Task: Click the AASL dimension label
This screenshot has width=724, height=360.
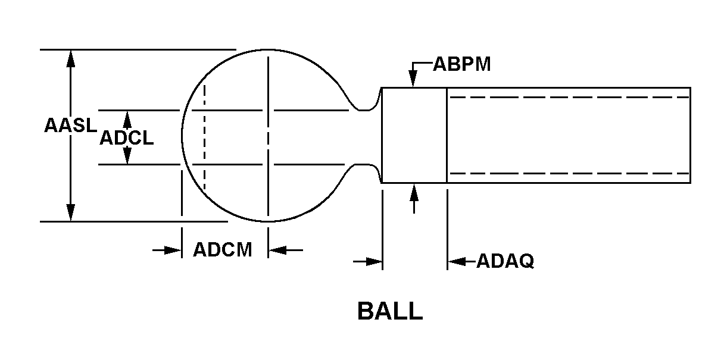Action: pyautogui.click(x=70, y=126)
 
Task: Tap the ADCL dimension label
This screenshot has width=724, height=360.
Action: pyautogui.click(x=126, y=138)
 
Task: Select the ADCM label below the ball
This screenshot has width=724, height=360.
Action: pyautogui.click(x=222, y=249)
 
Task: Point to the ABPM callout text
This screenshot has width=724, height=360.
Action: pyautogui.click(x=462, y=64)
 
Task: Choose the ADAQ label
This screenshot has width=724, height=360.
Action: pyautogui.click(x=505, y=261)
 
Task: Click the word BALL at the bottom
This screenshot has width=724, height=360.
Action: pyautogui.click(x=390, y=311)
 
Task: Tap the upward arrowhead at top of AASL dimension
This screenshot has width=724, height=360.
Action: pyautogui.click(x=70, y=59)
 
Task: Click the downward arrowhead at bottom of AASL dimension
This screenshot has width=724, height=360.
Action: pyautogui.click(x=70, y=212)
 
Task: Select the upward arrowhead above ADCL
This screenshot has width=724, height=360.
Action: pyautogui.click(x=127, y=120)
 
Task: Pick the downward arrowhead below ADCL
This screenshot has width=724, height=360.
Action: pyautogui.click(x=127, y=155)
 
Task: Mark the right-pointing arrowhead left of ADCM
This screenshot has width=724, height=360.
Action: pyautogui.click(x=173, y=250)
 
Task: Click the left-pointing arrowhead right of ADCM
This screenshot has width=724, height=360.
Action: pyautogui.click(x=277, y=250)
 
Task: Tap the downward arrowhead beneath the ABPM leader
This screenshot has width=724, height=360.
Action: pyautogui.click(x=413, y=79)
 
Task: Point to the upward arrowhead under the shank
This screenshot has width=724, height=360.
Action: pyautogui.click(x=414, y=192)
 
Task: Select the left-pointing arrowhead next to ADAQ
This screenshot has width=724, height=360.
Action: pyautogui.click(x=457, y=261)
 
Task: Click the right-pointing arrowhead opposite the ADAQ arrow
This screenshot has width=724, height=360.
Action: pyautogui.click(x=374, y=261)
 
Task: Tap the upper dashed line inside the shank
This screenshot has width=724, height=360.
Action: pyautogui.click(x=570, y=97)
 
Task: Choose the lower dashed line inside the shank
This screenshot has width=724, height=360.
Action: pyautogui.click(x=570, y=174)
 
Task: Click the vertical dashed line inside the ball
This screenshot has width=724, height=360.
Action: pyautogui.click(x=204, y=137)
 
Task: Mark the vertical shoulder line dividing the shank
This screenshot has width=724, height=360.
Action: pyautogui.click(x=447, y=135)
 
